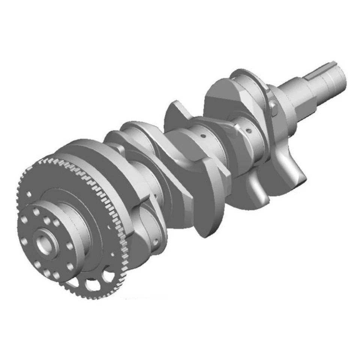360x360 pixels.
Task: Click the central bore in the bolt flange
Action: (x=45, y=245)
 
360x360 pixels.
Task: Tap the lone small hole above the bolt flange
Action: (x=28, y=194)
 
